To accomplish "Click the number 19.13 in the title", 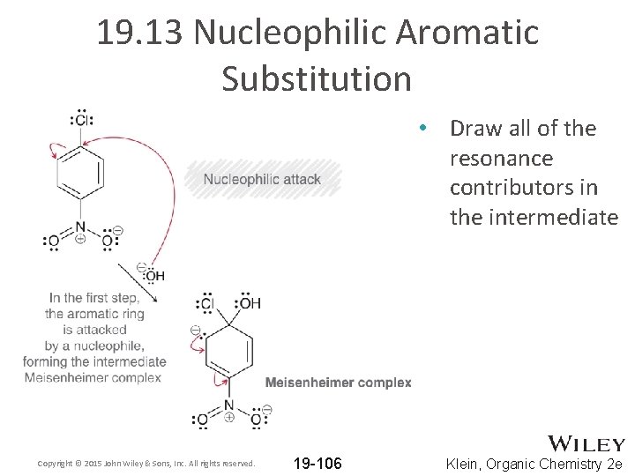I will [140, 33].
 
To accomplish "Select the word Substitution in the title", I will [317, 78].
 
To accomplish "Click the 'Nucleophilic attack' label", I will [262, 180].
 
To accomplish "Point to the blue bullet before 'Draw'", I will [424, 129].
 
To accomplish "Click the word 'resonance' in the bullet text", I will [501, 159].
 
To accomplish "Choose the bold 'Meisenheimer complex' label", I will [338, 383].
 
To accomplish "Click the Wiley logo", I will [586, 444].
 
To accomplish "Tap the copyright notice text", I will [146, 464].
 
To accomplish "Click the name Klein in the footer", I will [467, 464].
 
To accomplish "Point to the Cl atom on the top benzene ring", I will [81, 120].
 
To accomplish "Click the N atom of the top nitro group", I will [80, 227].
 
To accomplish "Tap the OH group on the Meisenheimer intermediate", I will [250, 303].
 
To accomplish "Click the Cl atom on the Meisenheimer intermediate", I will [207, 303].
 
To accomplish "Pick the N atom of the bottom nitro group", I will [228, 406].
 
